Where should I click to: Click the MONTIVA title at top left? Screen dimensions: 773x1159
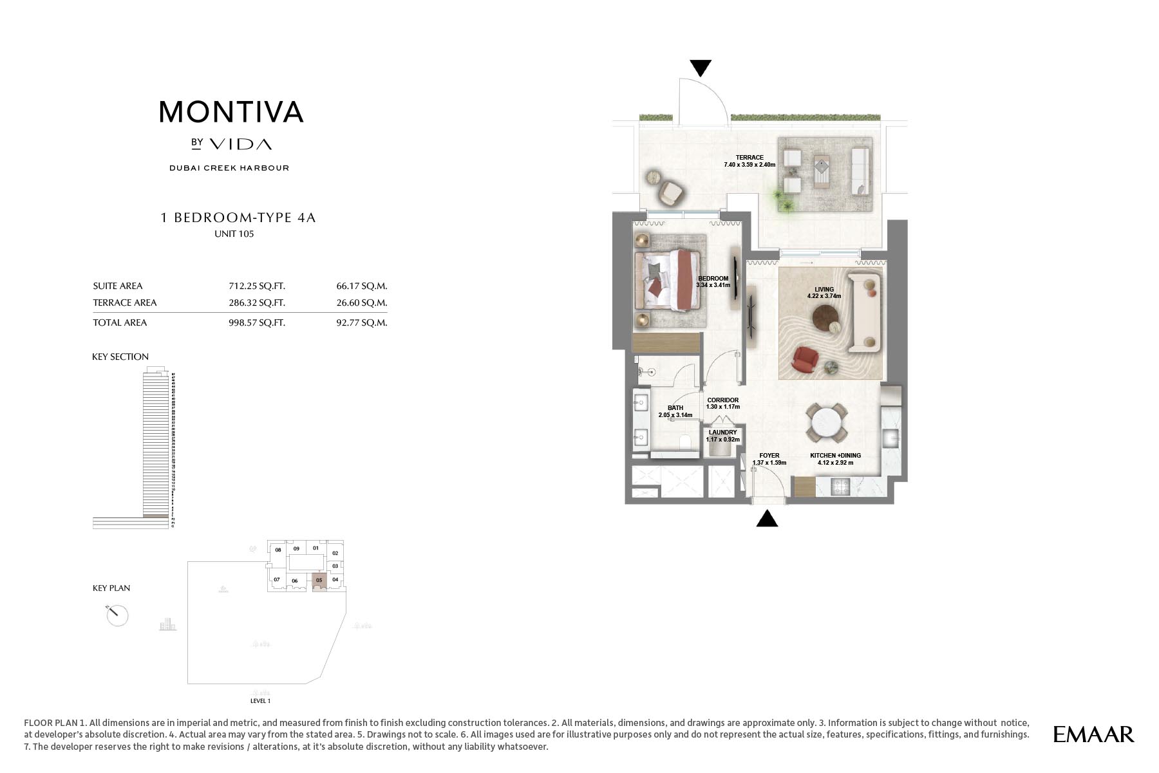click(x=231, y=112)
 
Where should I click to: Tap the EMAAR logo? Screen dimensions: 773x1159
click(x=1093, y=734)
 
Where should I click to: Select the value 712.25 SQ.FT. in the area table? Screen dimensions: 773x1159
click(x=256, y=286)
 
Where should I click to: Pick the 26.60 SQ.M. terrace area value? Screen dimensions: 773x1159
click(x=361, y=303)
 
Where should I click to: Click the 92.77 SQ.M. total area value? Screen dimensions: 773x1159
click(x=361, y=322)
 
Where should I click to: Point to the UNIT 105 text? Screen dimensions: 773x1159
click(x=234, y=234)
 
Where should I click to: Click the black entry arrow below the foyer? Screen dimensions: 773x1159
click(x=767, y=519)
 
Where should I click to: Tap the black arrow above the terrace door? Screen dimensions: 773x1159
click(x=701, y=68)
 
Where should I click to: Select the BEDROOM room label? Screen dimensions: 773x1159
click(x=713, y=279)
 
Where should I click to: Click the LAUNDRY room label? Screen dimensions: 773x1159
click(x=722, y=433)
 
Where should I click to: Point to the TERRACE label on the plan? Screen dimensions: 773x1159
click(x=749, y=158)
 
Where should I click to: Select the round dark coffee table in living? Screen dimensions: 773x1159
click(x=825, y=317)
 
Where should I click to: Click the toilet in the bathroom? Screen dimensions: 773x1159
click(x=685, y=442)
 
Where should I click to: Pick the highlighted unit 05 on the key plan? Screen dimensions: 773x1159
click(x=319, y=581)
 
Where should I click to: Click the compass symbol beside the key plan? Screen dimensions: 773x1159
click(x=117, y=615)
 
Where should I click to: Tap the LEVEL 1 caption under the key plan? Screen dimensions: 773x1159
click(x=260, y=701)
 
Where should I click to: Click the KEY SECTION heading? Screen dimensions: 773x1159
click(x=120, y=357)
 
